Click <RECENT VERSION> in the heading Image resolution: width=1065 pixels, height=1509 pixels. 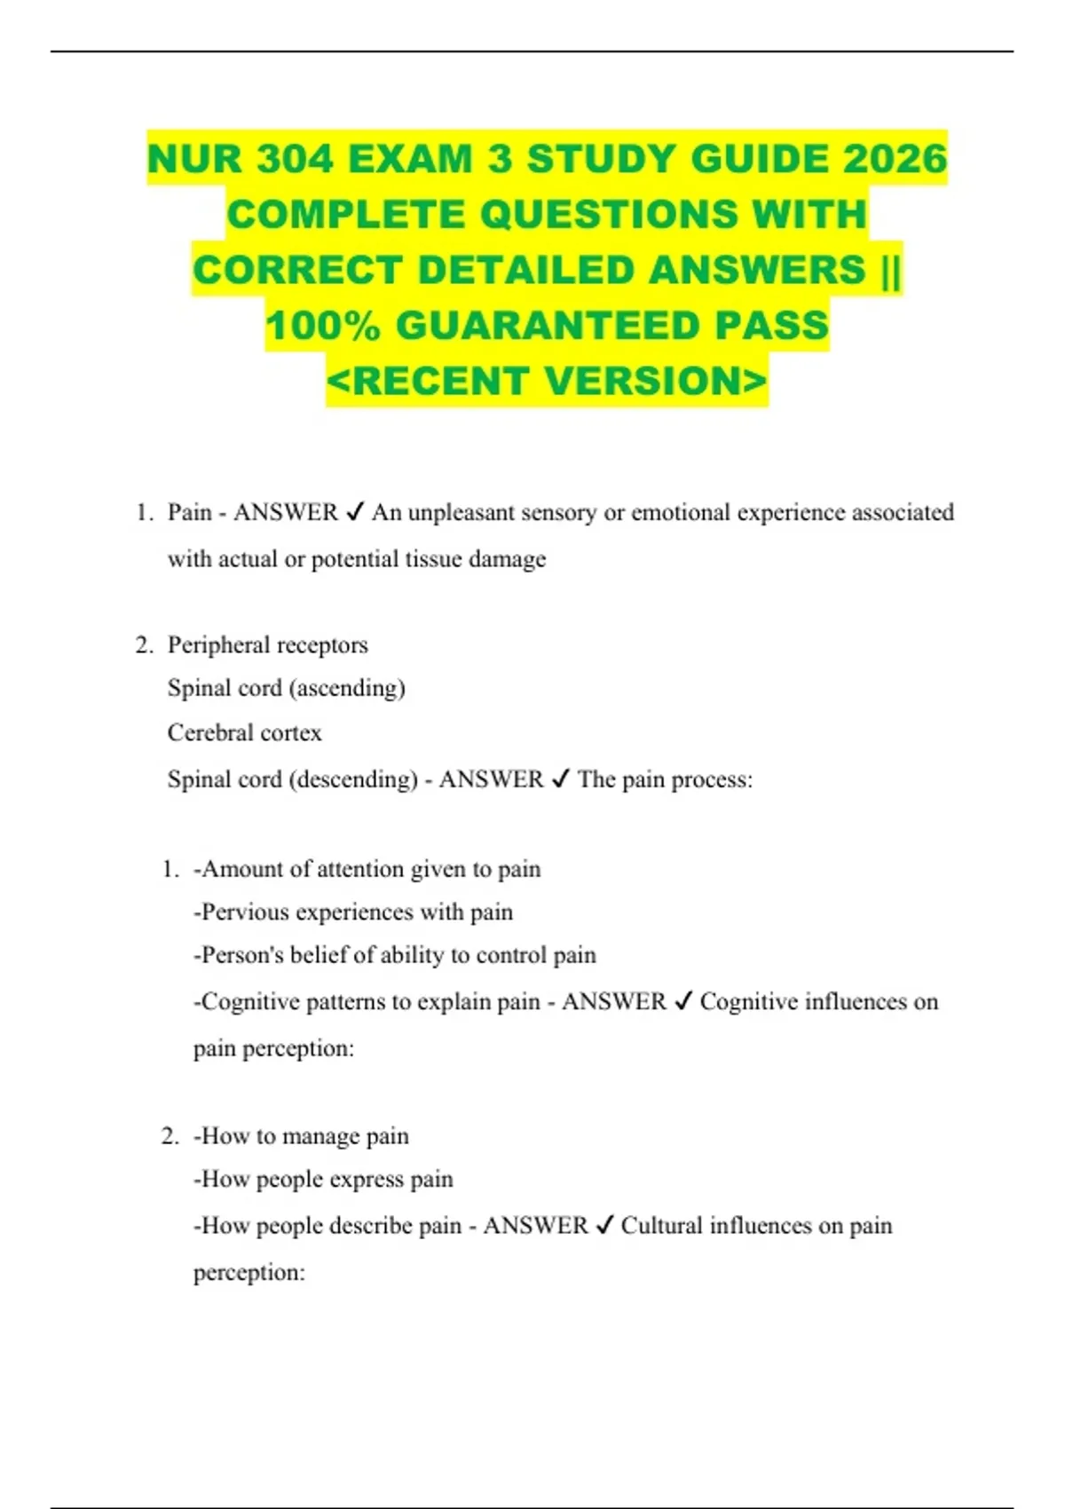[547, 382]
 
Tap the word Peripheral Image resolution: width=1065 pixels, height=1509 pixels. [217, 645]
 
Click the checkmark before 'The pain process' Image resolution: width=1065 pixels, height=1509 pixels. [560, 779]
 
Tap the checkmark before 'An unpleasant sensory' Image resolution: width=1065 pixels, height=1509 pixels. [354, 512]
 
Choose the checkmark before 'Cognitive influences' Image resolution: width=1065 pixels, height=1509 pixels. [682, 1002]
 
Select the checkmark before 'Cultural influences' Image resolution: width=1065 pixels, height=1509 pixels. [604, 1226]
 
